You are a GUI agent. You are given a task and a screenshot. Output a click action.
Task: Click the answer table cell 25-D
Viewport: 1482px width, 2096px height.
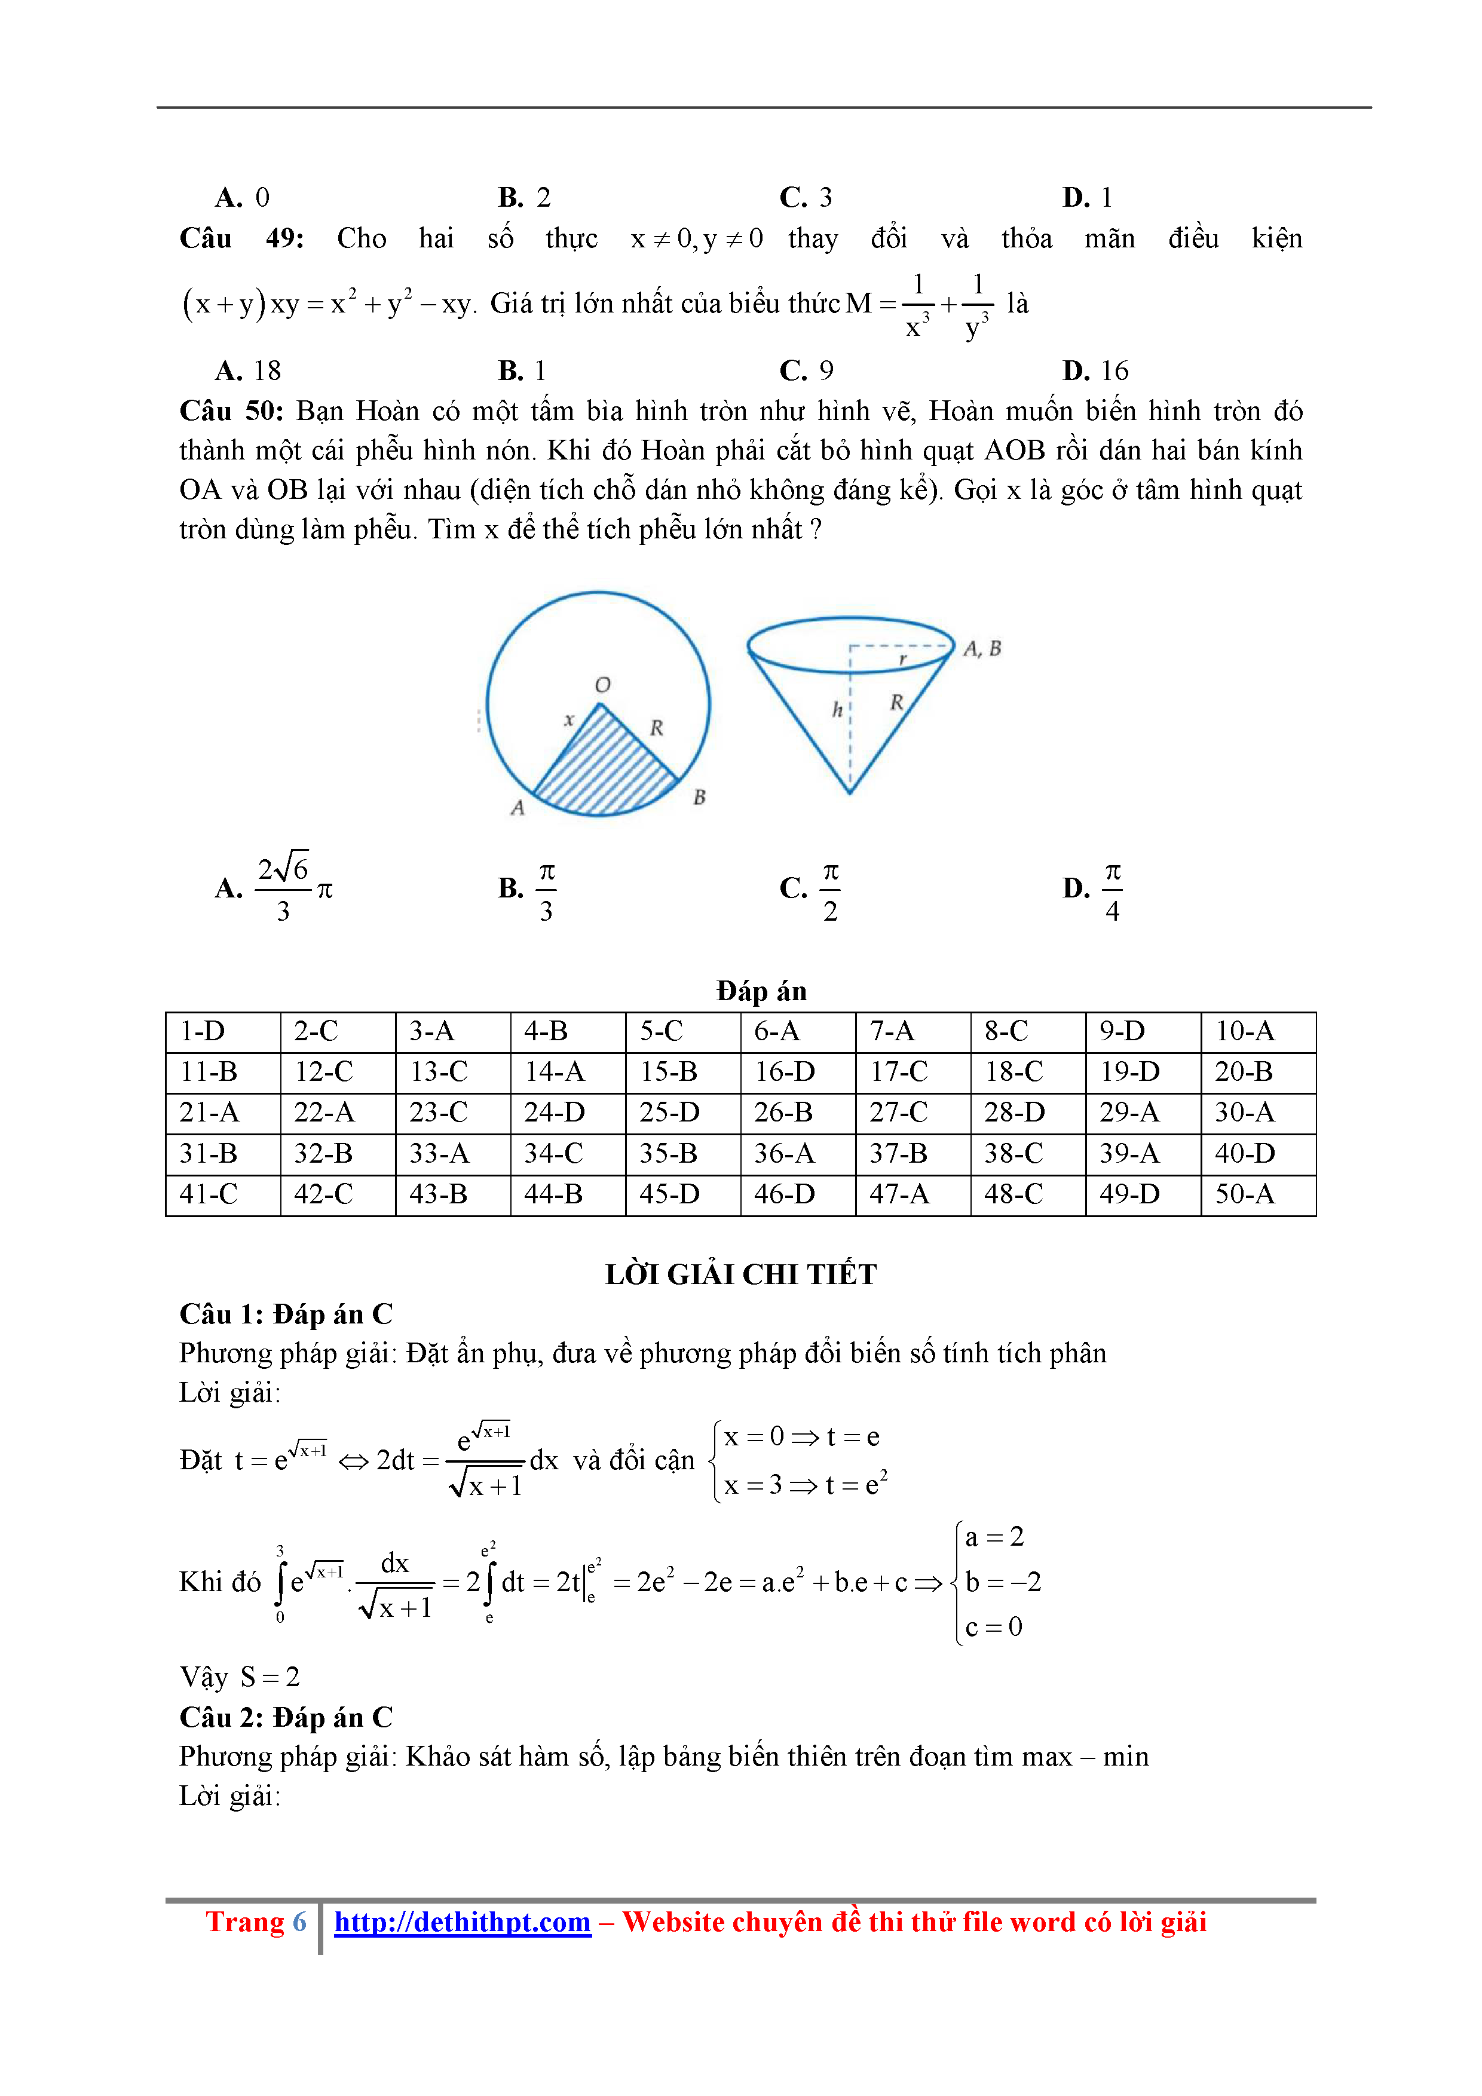669,1112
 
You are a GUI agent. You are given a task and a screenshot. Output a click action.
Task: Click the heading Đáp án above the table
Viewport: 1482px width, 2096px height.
761,991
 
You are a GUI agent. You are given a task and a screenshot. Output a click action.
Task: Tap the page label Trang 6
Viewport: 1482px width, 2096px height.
256,1922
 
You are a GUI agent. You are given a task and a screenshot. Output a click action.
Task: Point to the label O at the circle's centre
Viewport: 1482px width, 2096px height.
603,685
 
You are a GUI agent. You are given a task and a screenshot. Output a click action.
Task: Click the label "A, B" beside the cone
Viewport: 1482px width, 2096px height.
982,648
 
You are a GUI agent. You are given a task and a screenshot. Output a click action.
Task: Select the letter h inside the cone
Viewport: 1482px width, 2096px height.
837,709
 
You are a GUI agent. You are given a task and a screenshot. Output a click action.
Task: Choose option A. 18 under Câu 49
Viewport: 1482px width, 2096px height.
249,370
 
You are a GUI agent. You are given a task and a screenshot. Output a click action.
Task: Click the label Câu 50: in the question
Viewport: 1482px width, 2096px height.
232,411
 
